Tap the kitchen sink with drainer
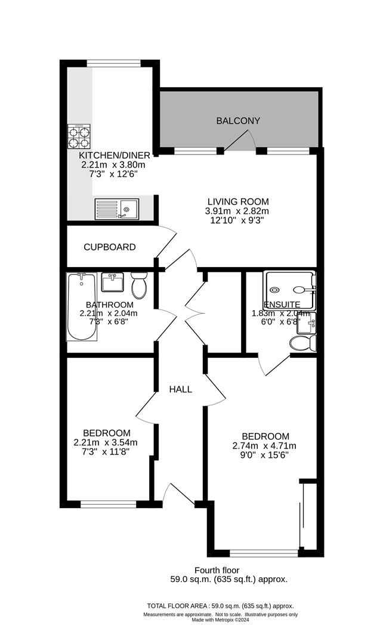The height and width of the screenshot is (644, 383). click(116, 209)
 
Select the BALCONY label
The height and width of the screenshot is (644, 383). click(238, 121)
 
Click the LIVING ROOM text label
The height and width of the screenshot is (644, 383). click(238, 202)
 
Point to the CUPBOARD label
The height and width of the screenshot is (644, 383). click(109, 247)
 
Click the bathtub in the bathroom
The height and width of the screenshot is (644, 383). click(81, 306)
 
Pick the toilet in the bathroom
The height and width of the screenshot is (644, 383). click(139, 285)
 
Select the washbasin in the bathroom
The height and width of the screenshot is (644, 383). click(112, 282)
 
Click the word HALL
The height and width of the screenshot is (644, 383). click(180, 389)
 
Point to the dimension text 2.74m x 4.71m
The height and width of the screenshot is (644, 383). click(264, 445)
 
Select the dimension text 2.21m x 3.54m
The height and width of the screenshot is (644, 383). click(106, 442)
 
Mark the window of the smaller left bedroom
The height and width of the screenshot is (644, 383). click(109, 504)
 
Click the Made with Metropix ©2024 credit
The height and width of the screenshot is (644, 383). click(221, 620)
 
